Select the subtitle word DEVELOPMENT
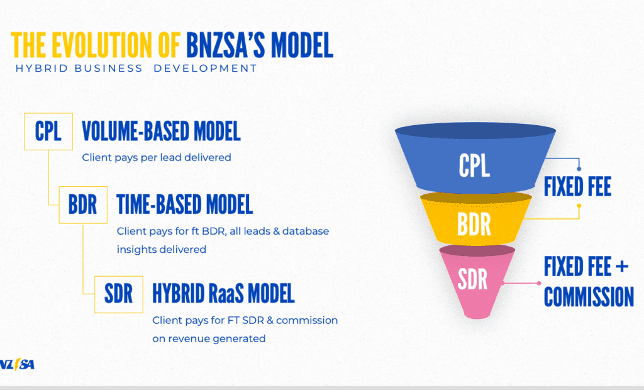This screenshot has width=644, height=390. tap(205, 68)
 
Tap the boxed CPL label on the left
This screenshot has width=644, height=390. tap(48, 131)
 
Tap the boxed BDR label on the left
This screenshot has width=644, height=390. tap(83, 204)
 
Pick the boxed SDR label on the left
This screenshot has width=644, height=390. tap(119, 294)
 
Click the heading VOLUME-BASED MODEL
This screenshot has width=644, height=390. tap(161, 131)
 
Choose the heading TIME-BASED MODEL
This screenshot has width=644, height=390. tap(184, 204)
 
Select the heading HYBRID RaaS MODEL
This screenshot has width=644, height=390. tap(223, 293)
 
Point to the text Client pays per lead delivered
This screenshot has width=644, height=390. tap(157, 157)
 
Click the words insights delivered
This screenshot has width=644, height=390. tap(162, 250)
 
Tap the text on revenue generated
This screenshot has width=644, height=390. tap(209, 338)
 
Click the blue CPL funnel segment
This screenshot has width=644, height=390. tap(475, 160)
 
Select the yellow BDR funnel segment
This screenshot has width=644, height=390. tap(475, 220)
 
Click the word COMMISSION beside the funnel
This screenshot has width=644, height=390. tap(589, 297)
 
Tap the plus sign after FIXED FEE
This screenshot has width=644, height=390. tap(622, 267)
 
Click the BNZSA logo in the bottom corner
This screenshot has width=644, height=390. tap(17, 364)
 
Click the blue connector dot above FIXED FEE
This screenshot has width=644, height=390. tap(579, 169)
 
